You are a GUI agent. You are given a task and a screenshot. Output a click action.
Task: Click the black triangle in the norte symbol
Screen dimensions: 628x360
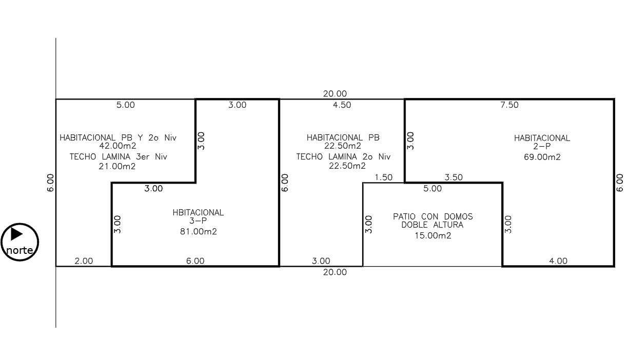pyautogui.click(x=16, y=234)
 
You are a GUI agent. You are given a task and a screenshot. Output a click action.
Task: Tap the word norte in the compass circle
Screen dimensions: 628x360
pyautogui.click(x=19, y=250)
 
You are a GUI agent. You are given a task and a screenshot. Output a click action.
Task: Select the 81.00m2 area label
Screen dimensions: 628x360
pyautogui.click(x=199, y=231)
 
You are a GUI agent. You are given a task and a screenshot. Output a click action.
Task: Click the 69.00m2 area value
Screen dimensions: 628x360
pyautogui.click(x=542, y=157)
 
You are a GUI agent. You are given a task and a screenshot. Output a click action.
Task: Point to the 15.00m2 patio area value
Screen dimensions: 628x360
pyautogui.click(x=433, y=235)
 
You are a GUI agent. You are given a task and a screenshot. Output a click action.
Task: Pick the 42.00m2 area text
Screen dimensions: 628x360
pyautogui.click(x=118, y=146)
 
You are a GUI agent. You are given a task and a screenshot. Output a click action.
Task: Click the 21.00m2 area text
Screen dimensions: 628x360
pyautogui.click(x=117, y=167)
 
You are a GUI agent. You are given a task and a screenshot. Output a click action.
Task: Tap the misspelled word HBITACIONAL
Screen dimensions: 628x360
pyautogui.click(x=198, y=213)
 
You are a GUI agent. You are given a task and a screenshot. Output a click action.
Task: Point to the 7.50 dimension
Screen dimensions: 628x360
pyautogui.click(x=509, y=105)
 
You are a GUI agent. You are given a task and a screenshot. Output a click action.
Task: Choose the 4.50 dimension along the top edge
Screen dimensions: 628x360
pyautogui.click(x=342, y=105)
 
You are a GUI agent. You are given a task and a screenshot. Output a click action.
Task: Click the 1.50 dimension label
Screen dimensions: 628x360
pyautogui.click(x=384, y=177)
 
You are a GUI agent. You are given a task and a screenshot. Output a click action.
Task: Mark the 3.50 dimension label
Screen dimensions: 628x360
pyautogui.click(x=454, y=177)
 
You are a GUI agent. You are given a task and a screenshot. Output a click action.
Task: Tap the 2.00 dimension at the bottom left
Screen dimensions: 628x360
pyautogui.click(x=84, y=261)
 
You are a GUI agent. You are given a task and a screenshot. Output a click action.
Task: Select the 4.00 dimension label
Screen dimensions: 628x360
pyautogui.click(x=558, y=261)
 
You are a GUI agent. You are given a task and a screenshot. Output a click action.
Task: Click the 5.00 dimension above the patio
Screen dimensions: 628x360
pyautogui.click(x=433, y=189)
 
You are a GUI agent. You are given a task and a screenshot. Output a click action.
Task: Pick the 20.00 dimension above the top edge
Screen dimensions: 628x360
pyautogui.click(x=335, y=93)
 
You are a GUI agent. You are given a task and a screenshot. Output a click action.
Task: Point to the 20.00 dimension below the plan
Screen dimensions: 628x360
pyautogui.click(x=335, y=272)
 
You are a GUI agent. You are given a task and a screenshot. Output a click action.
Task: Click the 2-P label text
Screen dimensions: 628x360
pyautogui.click(x=542, y=146)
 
